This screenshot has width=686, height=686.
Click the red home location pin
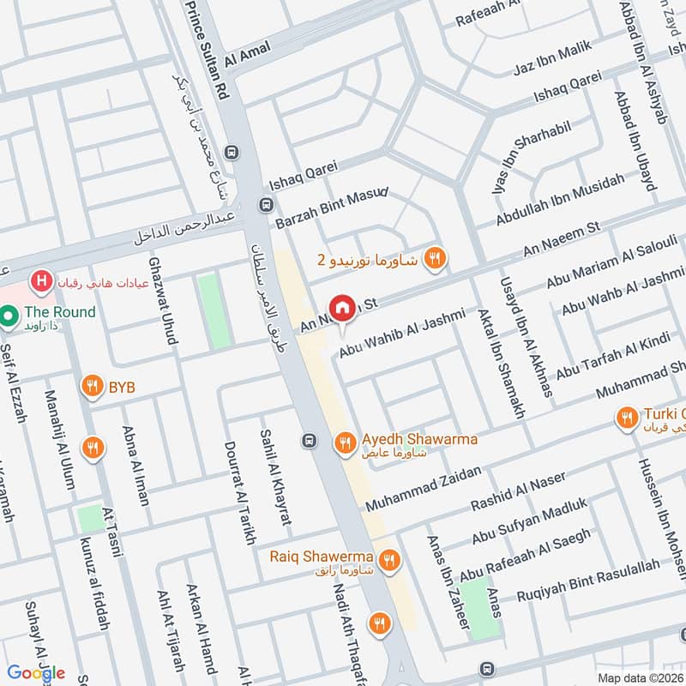[343, 308]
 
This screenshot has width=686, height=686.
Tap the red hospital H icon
[39, 280]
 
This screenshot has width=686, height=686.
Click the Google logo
[36, 672]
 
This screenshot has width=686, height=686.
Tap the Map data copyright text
[639, 678]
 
